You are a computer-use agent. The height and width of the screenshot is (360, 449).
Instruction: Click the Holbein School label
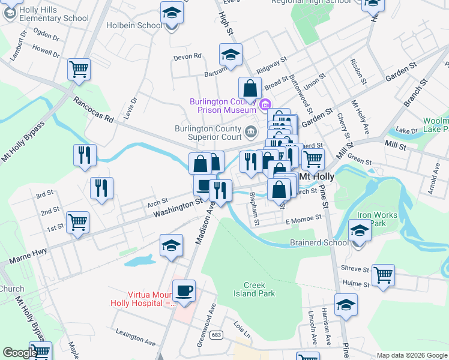tap(134, 25)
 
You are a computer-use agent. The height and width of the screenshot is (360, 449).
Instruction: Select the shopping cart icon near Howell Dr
tap(79, 70)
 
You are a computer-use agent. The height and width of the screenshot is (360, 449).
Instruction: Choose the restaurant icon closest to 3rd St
tap(101, 188)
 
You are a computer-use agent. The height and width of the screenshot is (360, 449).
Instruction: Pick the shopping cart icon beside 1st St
tap(78, 223)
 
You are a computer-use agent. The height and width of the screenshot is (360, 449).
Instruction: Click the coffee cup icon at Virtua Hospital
tap(184, 291)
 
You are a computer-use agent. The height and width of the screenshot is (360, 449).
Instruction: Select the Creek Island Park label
tap(259, 289)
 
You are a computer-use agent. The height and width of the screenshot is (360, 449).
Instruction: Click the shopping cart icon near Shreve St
tap(383, 275)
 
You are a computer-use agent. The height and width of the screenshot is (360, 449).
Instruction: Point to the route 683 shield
tap(217, 334)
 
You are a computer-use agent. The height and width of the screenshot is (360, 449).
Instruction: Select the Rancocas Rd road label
tap(93, 110)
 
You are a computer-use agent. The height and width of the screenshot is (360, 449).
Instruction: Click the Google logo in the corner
tap(19, 353)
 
